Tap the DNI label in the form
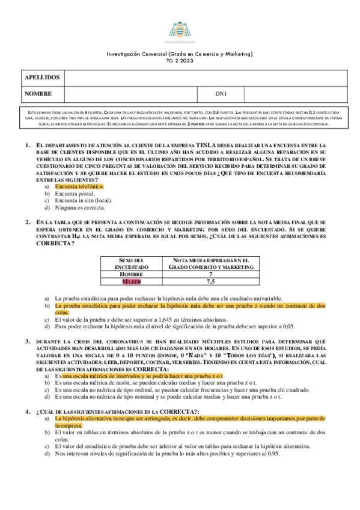[x=220, y=94]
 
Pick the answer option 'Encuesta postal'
[x=74, y=194]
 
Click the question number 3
[x=28, y=342]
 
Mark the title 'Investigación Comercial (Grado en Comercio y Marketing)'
[x=180, y=54]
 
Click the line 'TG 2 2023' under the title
[x=180, y=61]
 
